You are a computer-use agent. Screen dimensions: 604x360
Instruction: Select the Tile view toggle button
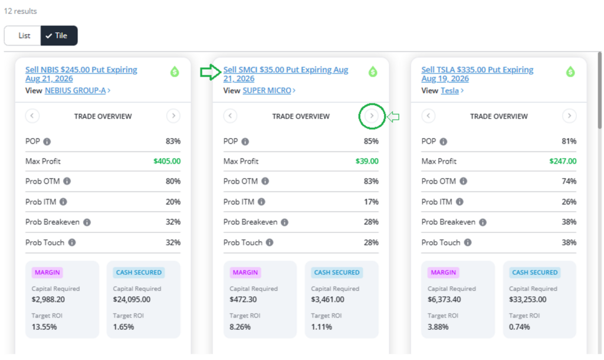pos(59,35)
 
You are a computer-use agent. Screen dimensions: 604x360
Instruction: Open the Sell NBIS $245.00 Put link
pos(81,74)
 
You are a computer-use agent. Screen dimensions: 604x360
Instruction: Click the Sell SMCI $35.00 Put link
pos(285,74)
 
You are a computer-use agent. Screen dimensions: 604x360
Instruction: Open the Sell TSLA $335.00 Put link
pos(477,74)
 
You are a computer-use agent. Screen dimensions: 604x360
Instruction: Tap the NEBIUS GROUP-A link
pos(75,90)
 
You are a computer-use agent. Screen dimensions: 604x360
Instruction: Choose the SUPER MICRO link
pos(267,90)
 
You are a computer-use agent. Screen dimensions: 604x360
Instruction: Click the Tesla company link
pos(449,90)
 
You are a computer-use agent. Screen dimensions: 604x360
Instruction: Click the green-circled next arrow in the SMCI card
pos(372,116)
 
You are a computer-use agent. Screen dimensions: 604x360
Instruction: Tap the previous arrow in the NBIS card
pos(32,116)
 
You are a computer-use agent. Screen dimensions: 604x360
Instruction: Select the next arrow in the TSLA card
pos(569,116)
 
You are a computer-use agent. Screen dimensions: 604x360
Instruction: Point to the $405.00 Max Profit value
pos(167,161)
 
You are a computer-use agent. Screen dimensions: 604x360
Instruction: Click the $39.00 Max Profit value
pos(367,161)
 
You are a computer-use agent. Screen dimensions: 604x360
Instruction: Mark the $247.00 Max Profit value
pos(563,161)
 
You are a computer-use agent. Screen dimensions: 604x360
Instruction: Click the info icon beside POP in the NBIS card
pos(47,142)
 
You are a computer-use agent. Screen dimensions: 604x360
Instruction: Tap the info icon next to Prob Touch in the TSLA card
pos(468,243)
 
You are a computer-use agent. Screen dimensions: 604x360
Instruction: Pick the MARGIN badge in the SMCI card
pos(245,273)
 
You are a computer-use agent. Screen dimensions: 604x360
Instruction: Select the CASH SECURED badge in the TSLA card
pos(534,273)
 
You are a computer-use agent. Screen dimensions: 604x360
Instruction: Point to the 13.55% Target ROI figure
pos(44,327)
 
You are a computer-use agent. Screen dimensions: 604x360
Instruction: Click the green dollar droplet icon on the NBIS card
pos(175,71)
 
